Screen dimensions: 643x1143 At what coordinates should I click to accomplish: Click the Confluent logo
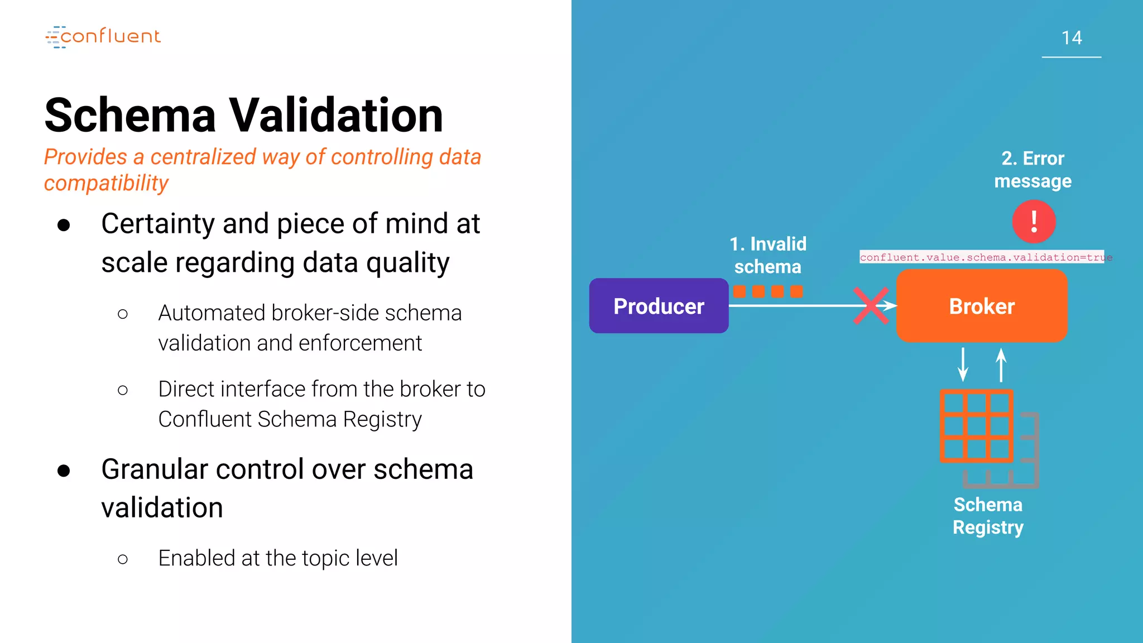click(103, 37)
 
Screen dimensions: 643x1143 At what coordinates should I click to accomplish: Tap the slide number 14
click(1072, 38)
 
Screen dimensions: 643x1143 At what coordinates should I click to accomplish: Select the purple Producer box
click(659, 306)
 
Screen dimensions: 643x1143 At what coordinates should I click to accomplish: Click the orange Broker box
click(982, 306)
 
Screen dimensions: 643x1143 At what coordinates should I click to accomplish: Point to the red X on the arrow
click(871, 306)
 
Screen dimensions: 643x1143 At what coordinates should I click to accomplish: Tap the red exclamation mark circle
click(1034, 222)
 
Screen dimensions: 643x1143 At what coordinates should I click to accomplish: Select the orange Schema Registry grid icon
click(976, 426)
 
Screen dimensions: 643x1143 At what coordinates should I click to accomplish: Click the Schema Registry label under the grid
click(988, 516)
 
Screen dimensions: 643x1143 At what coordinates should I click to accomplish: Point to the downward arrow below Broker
click(963, 364)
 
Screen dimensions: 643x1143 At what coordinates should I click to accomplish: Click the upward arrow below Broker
click(1001, 364)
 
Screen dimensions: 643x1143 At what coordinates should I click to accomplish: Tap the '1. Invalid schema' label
click(768, 255)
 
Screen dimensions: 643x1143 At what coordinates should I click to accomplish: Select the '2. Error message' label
click(1033, 170)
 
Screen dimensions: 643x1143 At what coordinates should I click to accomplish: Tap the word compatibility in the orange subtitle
click(106, 183)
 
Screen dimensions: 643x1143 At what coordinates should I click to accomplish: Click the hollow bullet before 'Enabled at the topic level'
click(123, 559)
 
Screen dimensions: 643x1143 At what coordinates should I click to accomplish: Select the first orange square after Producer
click(739, 291)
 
